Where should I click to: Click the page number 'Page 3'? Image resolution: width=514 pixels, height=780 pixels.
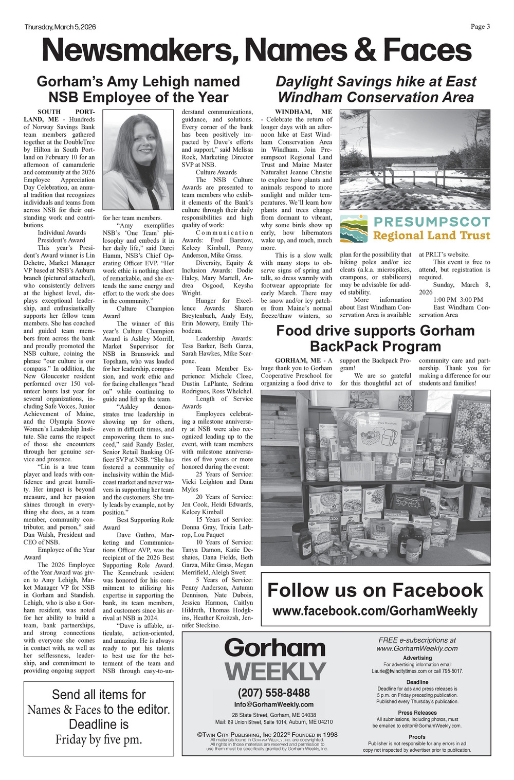(480, 27)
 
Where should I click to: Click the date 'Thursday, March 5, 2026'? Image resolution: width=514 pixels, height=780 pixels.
(60, 27)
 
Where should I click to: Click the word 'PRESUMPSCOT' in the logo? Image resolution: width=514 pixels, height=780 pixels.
(432, 222)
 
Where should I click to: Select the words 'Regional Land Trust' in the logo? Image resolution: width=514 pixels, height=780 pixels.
(432, 236)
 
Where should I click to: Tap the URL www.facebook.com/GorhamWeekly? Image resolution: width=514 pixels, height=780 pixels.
(375, 611)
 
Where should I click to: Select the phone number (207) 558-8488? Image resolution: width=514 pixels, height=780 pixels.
(273, 693)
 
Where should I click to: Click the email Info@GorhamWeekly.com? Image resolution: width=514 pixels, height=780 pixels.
(273, 704)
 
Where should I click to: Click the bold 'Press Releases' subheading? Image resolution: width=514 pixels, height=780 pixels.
(417, 713)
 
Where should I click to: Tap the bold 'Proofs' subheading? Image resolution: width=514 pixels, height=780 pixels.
(417, 737)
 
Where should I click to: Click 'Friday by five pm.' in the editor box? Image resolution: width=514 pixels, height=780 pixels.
(99, 739)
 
